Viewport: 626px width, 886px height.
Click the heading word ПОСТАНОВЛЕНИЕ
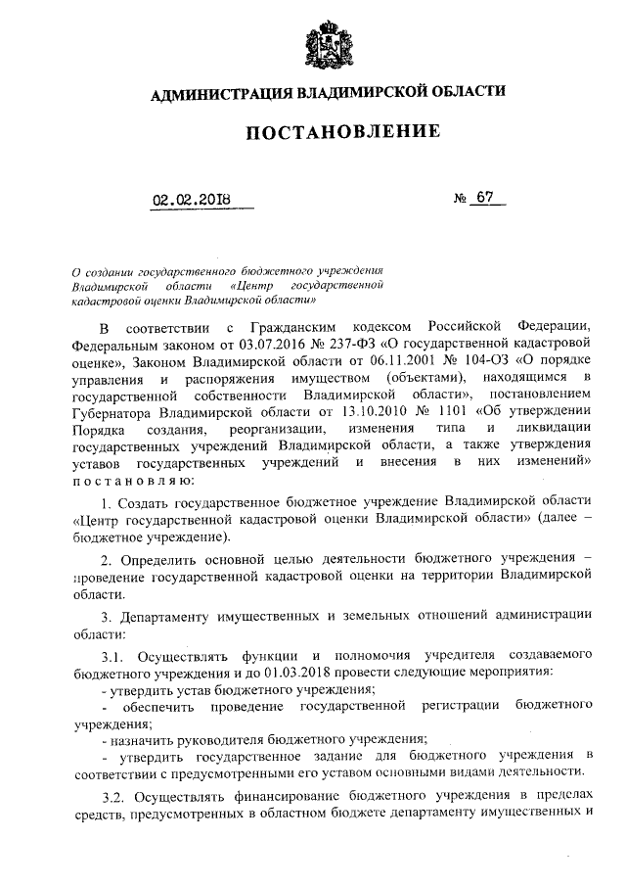(328, 131)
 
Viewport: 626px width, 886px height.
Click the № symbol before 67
(460, 199)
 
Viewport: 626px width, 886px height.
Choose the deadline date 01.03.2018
(302, 672)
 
